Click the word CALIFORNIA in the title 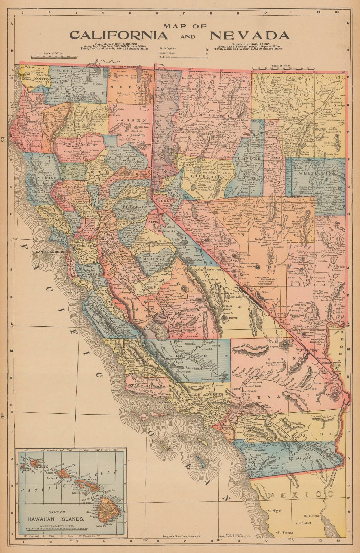pos(119,36)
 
